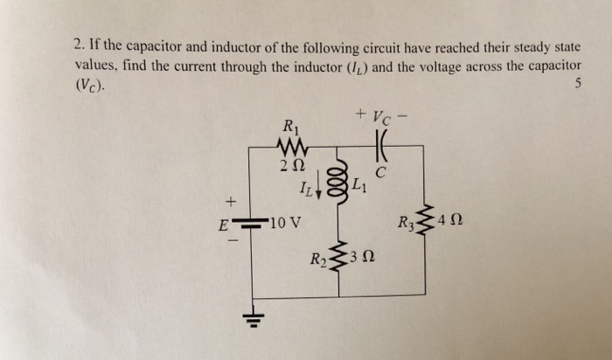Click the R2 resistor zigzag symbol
(x=337, y=259)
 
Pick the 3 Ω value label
(x=363, y=260)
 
